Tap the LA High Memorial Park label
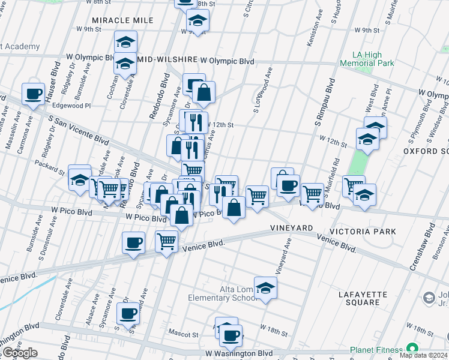point(366,59)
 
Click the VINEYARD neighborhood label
point(292,229)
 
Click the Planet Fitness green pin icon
point(412,349)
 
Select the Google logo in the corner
point(20,353)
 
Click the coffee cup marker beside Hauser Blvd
point(34,94)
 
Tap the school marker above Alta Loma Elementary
point(265,289)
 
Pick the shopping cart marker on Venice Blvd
point(166,241)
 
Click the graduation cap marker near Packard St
point(79,178)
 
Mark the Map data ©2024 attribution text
point(424,355)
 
